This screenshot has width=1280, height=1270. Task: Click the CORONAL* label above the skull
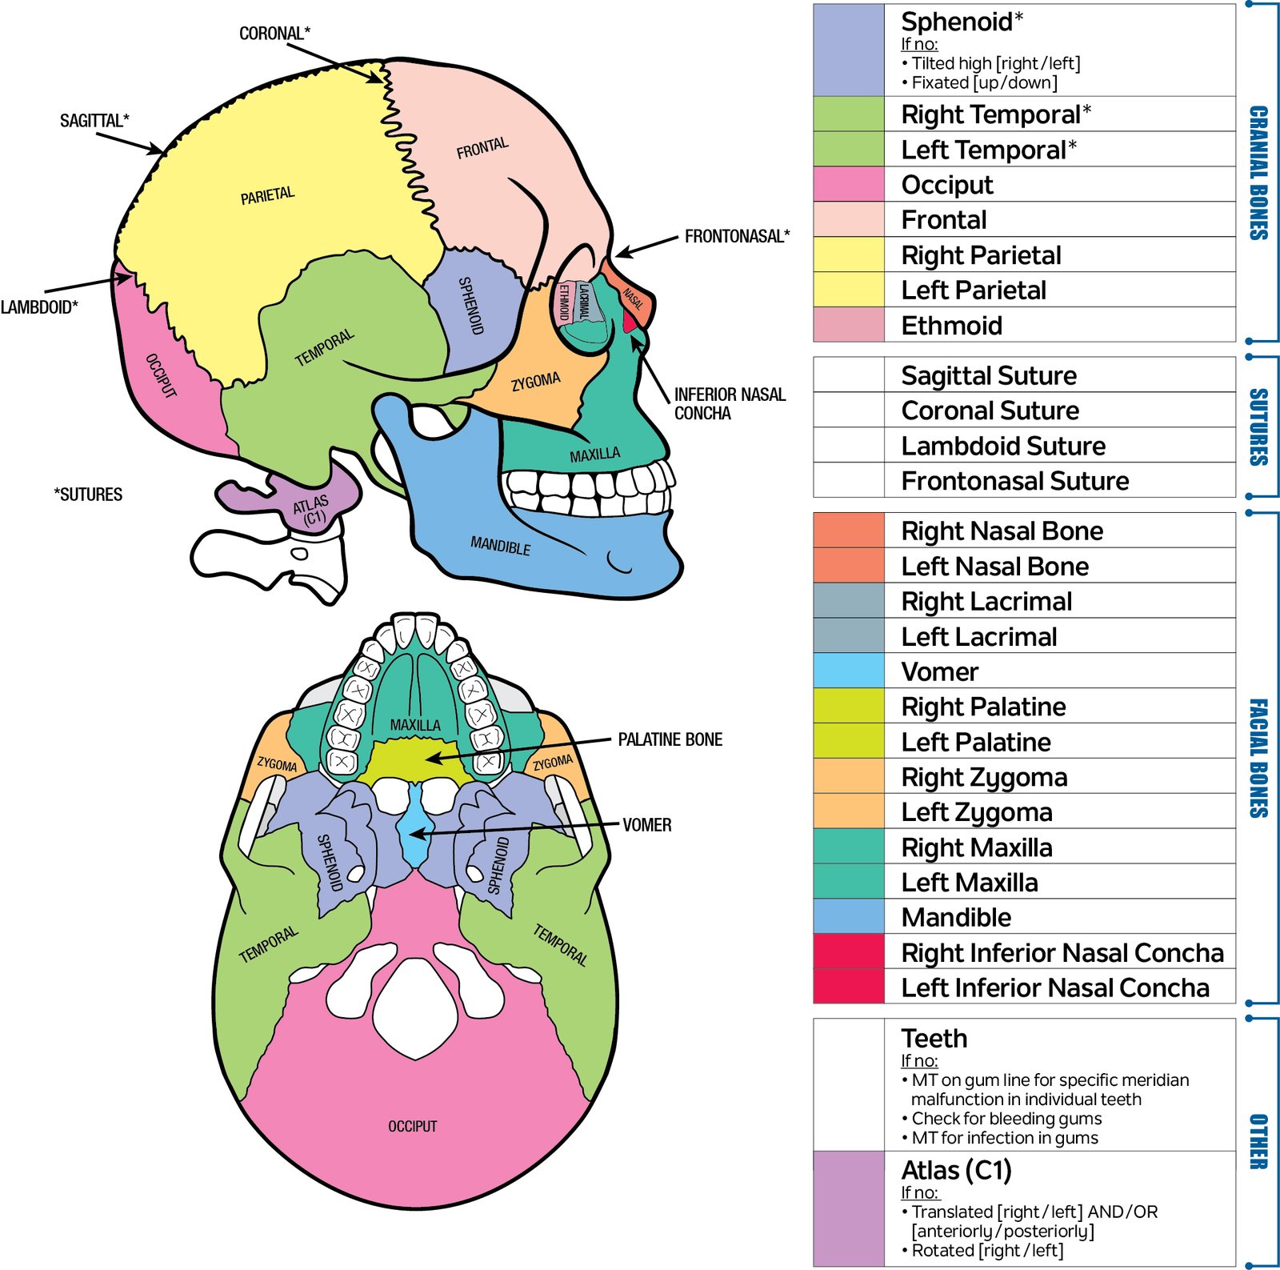274,34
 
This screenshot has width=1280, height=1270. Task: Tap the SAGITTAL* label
94,121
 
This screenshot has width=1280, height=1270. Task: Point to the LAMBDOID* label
39,307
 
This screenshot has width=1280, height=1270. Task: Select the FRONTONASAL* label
737,236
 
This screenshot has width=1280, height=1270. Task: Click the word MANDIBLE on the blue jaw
500,547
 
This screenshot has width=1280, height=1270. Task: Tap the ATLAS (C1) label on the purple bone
311,511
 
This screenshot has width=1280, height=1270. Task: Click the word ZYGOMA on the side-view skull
535,382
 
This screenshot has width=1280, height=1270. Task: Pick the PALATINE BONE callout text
670,739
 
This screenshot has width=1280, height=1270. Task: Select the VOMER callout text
646,825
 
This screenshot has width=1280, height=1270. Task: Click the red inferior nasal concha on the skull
630,321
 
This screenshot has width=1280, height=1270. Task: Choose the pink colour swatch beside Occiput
848,185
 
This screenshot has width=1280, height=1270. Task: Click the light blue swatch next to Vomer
848,671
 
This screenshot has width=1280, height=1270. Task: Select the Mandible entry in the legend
956,917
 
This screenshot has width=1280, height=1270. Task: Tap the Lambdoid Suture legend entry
1003,446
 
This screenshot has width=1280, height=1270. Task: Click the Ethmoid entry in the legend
951,326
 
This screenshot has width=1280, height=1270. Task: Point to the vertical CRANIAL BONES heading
1258,172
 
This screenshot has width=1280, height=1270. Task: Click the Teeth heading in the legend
934,1039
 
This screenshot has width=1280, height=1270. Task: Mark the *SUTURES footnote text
88,495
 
